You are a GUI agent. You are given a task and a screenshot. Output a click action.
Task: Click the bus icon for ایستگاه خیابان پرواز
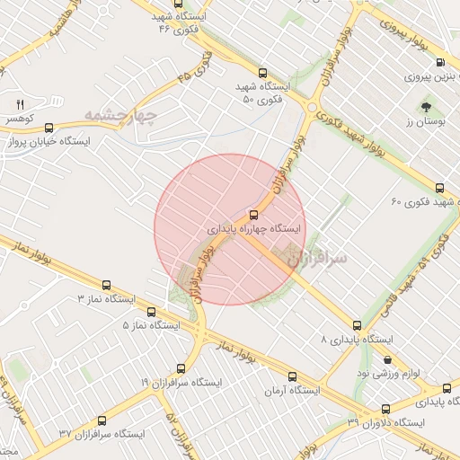coord(48,128)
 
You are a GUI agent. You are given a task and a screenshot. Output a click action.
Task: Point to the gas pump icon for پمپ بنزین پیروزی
coord(439,63)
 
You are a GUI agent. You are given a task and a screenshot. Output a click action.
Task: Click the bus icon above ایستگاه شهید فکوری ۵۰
coord(262,73)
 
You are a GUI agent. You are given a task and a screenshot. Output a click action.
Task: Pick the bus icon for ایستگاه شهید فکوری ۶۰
coord(439,188)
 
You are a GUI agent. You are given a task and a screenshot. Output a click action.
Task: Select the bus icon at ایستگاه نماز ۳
coord(107,284)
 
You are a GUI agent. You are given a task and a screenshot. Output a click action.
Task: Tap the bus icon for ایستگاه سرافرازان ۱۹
coord(181,368)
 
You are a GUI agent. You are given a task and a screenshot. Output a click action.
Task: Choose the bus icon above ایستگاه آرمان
coord(292,376)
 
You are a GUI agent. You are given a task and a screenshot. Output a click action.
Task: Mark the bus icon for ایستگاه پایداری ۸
coord(357,325)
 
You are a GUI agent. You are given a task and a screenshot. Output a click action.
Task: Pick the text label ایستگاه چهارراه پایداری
coord(253,229)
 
